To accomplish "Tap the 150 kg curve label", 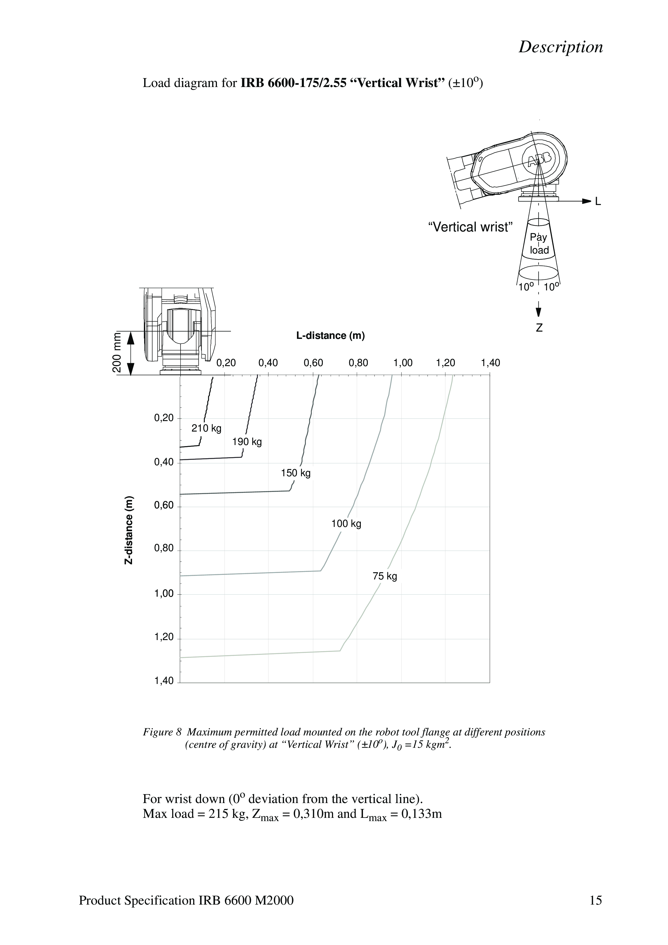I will tap(296, 473).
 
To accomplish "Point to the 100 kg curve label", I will tap(346, 524).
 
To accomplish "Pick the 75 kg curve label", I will tap(385, 576).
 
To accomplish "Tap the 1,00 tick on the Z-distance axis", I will tap(164, 594).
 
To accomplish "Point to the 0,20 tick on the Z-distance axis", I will tap(164, 418).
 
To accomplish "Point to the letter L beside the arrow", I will tap(598, 202).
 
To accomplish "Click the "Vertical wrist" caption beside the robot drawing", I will tap(470, 227).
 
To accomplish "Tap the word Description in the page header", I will tap(560, 47).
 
